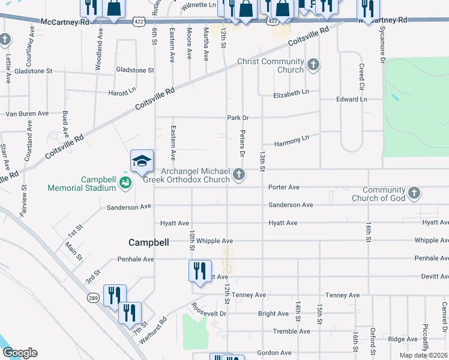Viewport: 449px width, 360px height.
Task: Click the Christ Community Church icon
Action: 313,64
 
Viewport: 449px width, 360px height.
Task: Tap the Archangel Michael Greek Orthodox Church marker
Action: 239,175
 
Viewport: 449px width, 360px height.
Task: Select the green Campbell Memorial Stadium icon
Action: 125,182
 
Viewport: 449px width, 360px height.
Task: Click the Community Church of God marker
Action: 413,193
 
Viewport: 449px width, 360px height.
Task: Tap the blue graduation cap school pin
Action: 142,161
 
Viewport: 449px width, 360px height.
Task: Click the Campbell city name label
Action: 148,242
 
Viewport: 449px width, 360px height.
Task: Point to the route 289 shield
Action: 95,298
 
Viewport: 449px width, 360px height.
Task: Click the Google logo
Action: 20,353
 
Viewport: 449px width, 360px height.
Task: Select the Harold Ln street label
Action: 122,92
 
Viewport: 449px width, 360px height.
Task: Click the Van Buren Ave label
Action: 27,113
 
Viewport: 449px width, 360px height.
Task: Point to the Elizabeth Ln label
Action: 291,95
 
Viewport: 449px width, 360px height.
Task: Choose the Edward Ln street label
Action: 351,99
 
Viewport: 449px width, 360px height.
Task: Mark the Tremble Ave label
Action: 291,331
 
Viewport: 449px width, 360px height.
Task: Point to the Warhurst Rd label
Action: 154,327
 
